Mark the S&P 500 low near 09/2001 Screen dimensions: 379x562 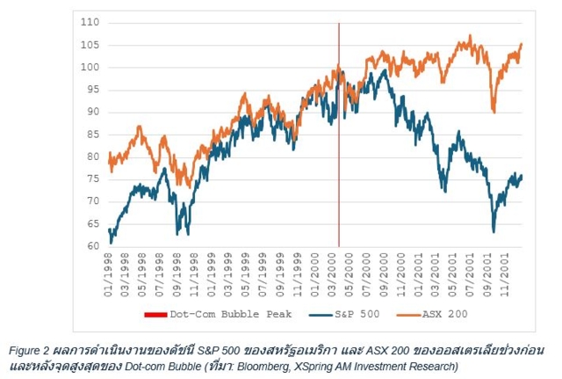click(494, 230)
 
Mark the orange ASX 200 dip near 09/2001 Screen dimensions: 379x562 click(494, 111)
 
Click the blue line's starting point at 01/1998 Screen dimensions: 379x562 click(109, 231)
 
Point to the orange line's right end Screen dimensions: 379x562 click(522, 44)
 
